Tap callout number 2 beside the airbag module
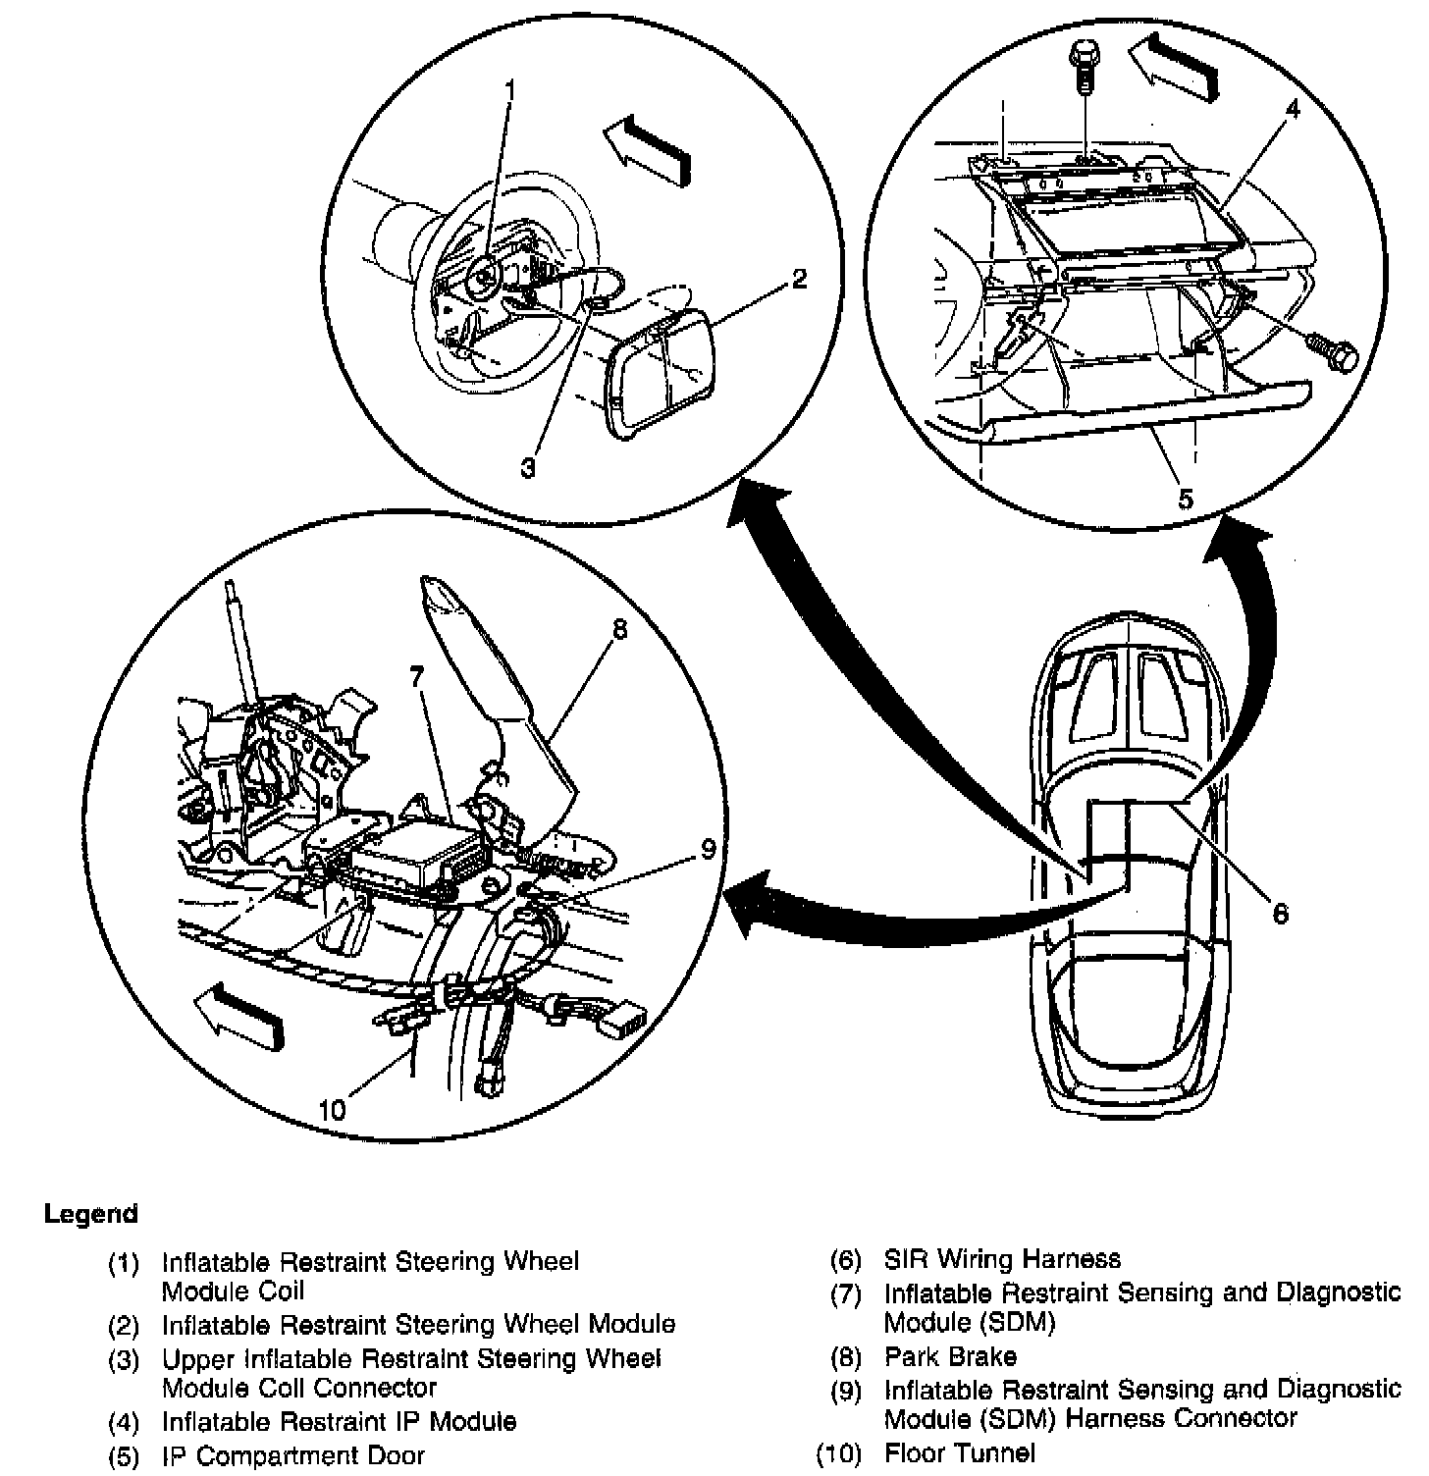pos(800,280)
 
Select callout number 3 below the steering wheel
pos(528,469)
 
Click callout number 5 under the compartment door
pos(1186,499)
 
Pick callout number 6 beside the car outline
pos(1280,913)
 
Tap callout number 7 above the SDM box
pos(416,676)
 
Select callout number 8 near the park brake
pos(618,628)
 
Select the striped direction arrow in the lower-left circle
pos(239,1016)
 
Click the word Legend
pos(90,1214)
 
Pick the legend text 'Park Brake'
pos(949,1356)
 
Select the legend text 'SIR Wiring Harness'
pos(1001,1259)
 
